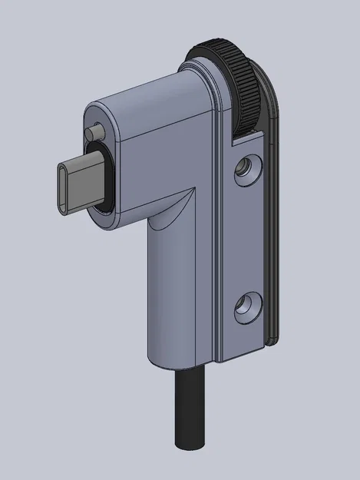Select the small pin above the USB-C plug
pyautogui.click(x=94, y=133)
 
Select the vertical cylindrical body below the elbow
pyautogui.click(x=177, y=292)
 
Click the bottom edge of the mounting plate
pyautogui.click(x=242, y=355)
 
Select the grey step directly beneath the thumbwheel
pyautogui.click(x=246, y=139)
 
